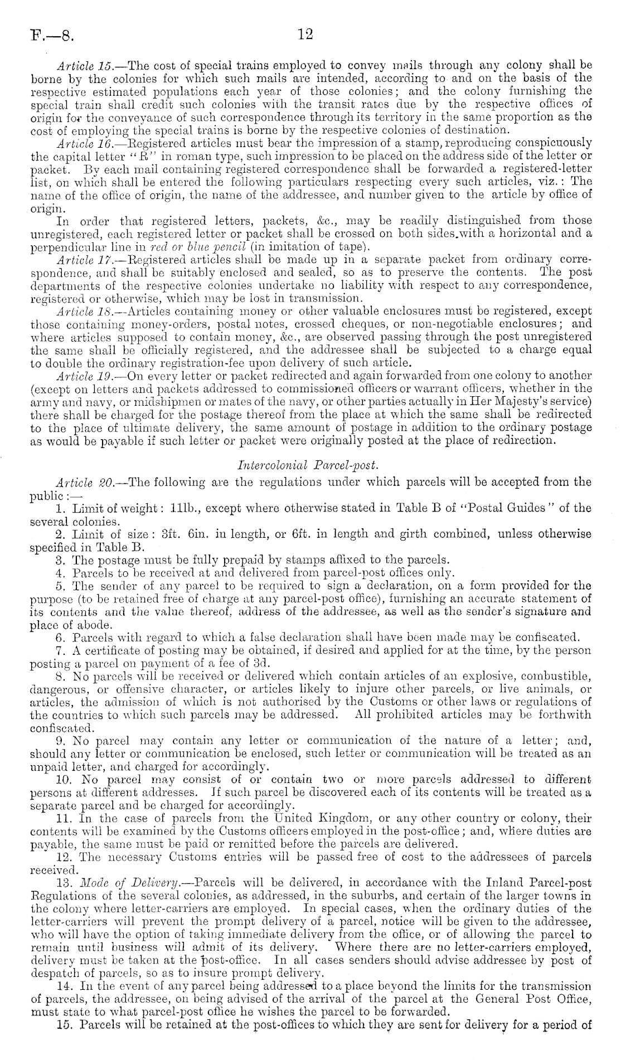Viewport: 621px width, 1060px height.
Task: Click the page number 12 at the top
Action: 306,35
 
